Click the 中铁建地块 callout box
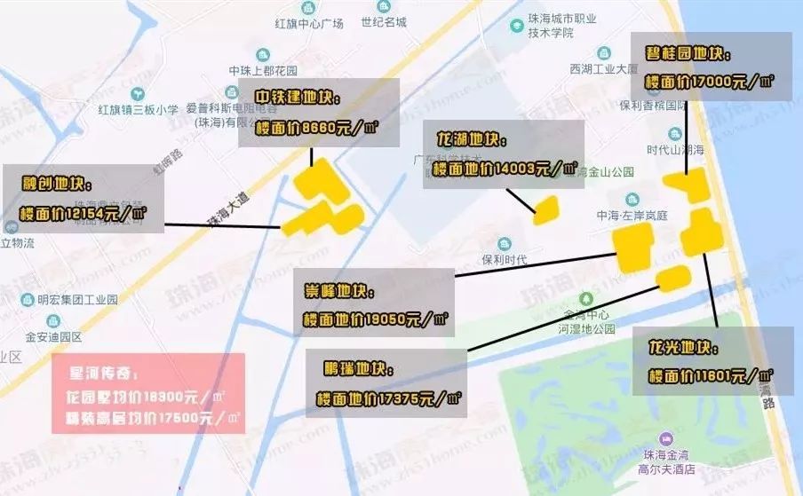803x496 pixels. [x=318, y=112]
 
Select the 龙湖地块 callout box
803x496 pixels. [x=504, y=154]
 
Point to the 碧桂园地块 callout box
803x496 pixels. [x=711, y=67]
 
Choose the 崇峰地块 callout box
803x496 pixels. [x=375, y=304]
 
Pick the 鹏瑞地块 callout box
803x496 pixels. [x=387, y=383]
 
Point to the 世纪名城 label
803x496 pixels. [x=384, y=23]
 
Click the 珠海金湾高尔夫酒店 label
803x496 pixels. [x=664, y=461]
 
